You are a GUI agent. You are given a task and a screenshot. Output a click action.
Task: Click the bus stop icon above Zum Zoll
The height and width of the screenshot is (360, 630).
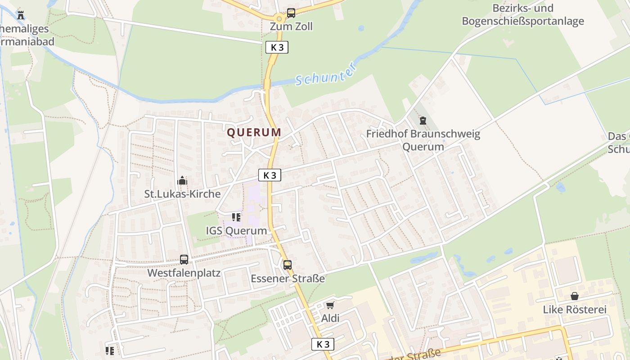[291, 13]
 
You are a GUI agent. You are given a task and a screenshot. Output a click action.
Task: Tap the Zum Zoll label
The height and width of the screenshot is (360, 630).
[291, 27]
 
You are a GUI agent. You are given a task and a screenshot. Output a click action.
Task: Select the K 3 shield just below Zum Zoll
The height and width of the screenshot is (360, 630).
[277, 47]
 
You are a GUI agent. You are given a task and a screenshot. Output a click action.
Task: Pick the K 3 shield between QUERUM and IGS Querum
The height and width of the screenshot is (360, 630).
[270, 175]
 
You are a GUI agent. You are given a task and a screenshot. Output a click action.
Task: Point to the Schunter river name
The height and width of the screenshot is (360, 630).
[326, 74]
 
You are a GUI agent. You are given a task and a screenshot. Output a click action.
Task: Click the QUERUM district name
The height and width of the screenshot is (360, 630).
[254, 132]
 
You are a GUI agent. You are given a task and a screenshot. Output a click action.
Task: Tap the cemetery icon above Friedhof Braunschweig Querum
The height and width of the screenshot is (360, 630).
[423, 121]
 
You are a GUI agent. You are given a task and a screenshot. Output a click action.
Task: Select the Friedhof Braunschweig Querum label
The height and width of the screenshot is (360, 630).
[423, 140]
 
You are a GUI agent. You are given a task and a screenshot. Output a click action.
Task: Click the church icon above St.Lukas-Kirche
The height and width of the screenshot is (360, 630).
[182, 181]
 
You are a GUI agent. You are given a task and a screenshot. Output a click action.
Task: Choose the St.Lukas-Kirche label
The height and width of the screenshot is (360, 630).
[182, 194]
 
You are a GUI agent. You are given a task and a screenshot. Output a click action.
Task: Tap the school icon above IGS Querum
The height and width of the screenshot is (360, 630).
[236, 218]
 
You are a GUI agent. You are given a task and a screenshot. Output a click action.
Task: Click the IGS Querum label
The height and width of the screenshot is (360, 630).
[236, 231]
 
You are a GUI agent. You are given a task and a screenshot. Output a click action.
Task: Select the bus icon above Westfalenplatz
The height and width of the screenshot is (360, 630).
[184, 260]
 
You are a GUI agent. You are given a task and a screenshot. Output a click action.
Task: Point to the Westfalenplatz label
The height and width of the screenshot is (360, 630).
[184, 273]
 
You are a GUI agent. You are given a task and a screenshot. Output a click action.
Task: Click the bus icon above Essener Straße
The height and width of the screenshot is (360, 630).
[288, 265]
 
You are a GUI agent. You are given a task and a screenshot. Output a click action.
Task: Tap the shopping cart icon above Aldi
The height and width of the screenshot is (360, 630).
[330, 306]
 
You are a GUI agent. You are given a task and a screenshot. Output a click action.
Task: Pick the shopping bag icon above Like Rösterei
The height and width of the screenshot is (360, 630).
[575, 296]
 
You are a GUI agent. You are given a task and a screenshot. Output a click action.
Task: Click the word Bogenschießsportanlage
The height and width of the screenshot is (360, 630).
[523, 21]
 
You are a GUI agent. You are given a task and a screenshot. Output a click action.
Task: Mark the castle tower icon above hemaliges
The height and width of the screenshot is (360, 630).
[20, 15]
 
